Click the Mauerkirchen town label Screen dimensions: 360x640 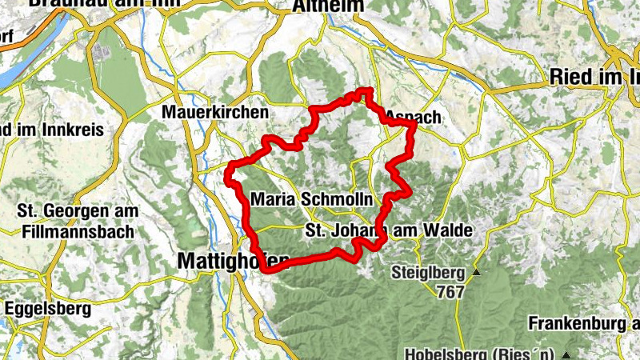(x=214, y=113)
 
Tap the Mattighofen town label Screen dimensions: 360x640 (x=232, y=260)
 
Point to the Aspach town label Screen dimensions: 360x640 (x=413, y=118)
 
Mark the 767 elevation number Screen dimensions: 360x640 (x=450, y=292)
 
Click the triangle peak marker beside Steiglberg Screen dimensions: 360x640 (x=477, y=274)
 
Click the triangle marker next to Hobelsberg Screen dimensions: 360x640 (x=566, y=354)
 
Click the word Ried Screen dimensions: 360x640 (x=570, y=77)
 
